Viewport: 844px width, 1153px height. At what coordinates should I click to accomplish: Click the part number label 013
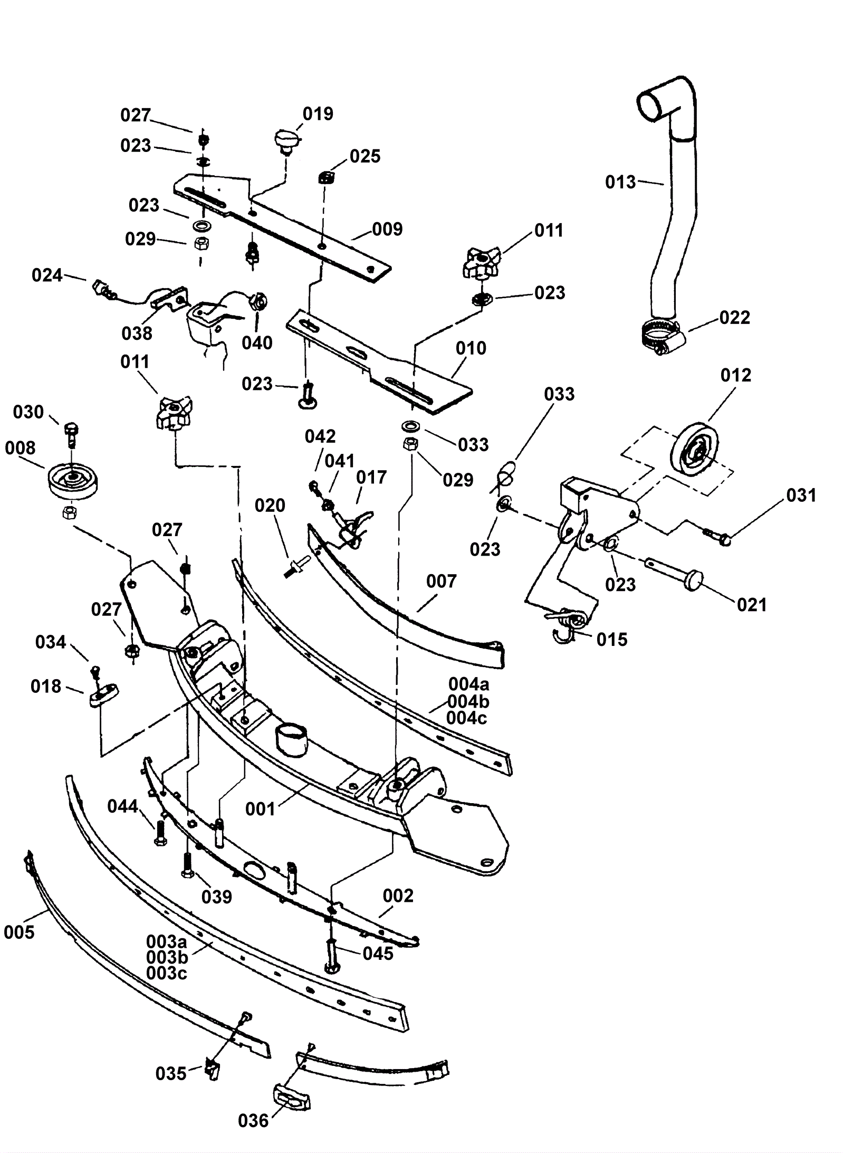point(620,183)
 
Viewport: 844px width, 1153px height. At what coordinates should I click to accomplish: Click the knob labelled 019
point(286,141)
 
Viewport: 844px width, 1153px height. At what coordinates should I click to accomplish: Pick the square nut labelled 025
point(326,177)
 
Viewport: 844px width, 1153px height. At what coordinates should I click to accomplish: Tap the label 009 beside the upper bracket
point(387,229)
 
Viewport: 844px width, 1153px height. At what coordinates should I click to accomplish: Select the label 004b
point(468,701)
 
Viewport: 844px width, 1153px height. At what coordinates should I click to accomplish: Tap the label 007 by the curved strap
point(441,581)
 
